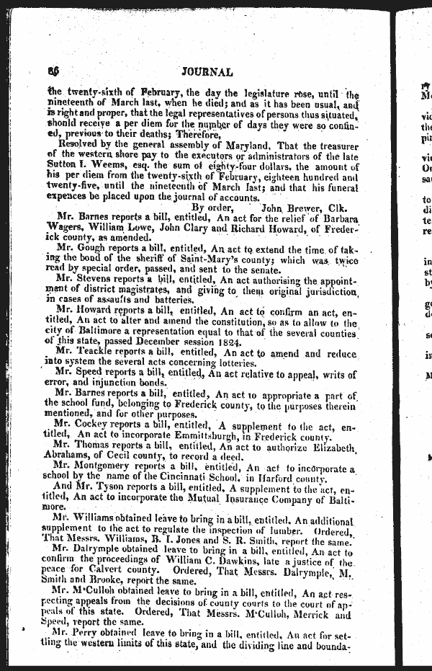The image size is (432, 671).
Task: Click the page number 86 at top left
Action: coord(52,71)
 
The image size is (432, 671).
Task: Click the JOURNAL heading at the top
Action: coord(208,72)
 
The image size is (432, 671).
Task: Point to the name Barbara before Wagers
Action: coord(336,218)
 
